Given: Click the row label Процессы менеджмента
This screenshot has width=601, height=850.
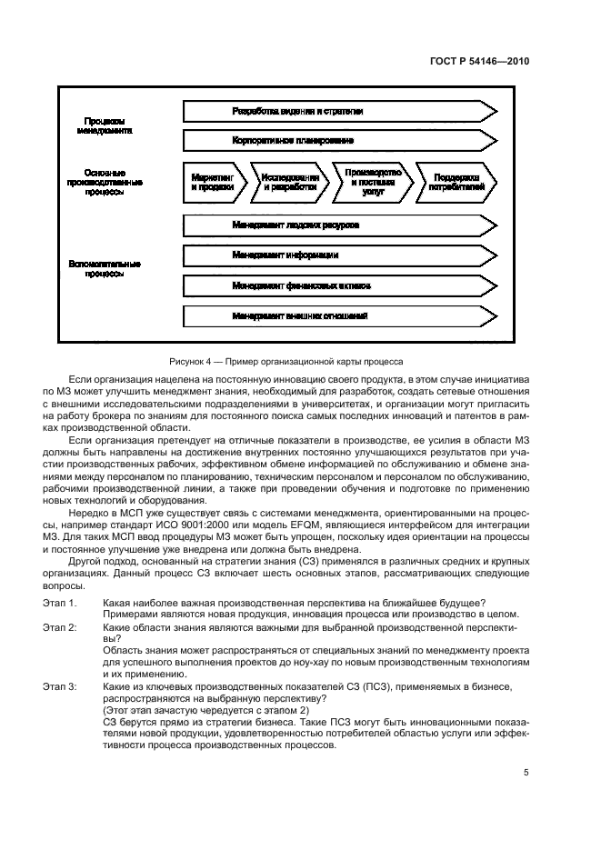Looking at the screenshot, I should (x=105, y=125).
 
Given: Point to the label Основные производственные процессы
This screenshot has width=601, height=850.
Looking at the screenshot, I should (x=105, y=182).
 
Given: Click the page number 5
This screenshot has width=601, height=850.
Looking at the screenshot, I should (x=526, y=773).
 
